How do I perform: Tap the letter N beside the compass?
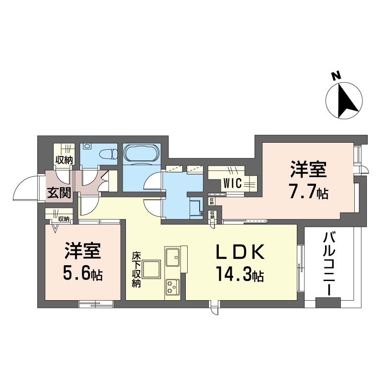[336, 76]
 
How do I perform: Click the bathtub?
[142, 155]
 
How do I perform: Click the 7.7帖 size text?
[308, 193]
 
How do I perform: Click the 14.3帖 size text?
[239, 275]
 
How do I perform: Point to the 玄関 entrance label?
[59, 192]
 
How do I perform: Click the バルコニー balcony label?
[328, 263]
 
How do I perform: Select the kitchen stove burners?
[171, 287]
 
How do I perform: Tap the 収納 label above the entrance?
[64, 160]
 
